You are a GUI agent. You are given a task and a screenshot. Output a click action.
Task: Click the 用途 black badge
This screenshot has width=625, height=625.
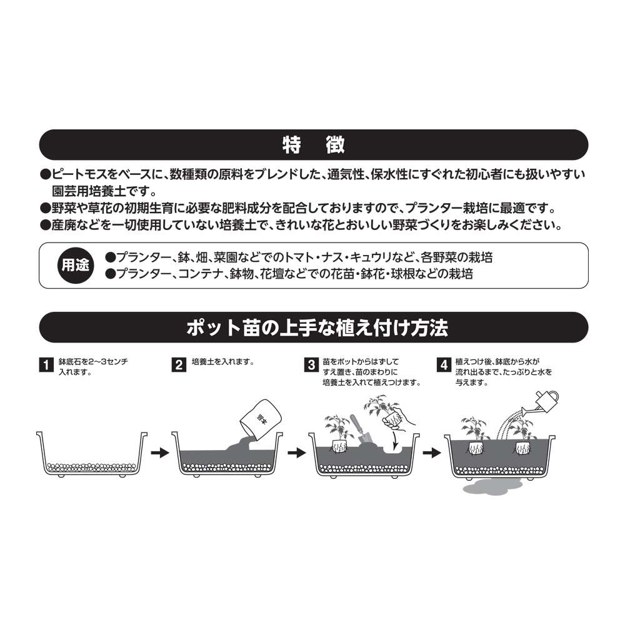click(x=74, y=266)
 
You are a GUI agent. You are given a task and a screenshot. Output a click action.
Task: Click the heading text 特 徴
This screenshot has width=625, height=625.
click(x=313, y=145)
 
